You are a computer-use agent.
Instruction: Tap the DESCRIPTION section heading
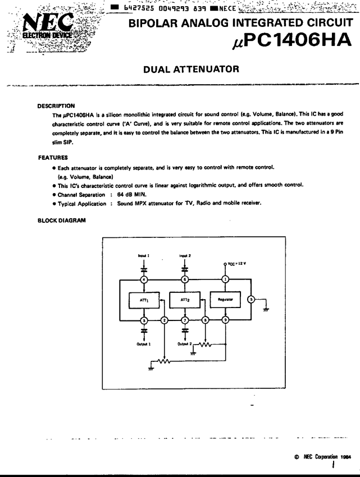(56, 106)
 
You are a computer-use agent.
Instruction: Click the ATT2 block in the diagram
(185, 301)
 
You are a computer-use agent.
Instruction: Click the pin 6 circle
(185, 279)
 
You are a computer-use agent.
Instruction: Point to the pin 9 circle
(225, 321)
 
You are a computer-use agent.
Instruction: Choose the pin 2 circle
(165, 321)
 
